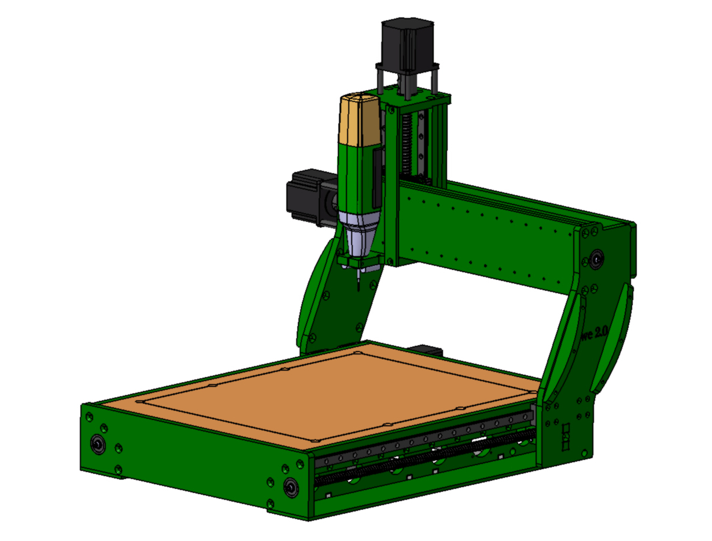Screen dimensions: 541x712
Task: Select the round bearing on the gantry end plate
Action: click(596, 257)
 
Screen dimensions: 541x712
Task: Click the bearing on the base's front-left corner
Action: click(98, 445)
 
